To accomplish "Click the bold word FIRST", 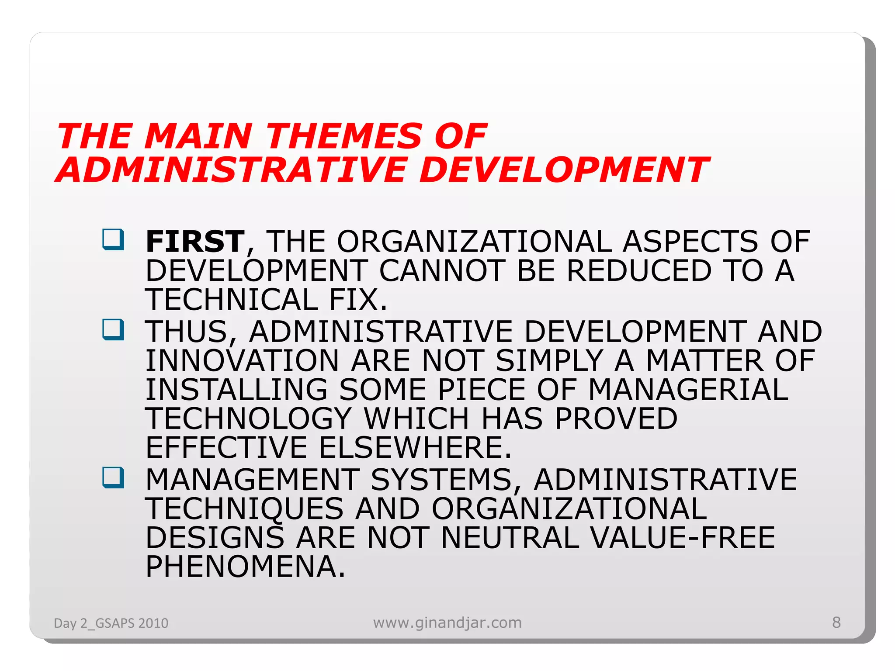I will tap(195, 242).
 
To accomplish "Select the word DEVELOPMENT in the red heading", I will tap(563, 169).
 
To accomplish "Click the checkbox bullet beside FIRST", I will tap(113, 239).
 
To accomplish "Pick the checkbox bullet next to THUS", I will tap(113, 330).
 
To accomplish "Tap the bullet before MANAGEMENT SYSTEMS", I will tap(113, 477).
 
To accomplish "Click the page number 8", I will tap(836, 622).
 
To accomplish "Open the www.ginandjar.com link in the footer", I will tap(447, 622).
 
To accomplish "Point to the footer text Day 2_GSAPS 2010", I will tap(111, 623).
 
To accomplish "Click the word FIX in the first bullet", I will tap(358, 300).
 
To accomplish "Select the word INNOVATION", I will tap(242, 360).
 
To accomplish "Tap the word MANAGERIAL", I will tap(688, 389).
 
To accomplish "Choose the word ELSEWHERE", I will tap(415, 447).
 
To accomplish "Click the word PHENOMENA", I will tap(245, 567).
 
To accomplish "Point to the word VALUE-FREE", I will tap(683, 537).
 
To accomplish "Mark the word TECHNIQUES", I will tap(244, 508).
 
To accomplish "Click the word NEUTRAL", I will tap(510, 537).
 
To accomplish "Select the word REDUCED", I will tap(639, 270).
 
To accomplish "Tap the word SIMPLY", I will tap(549, 360).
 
